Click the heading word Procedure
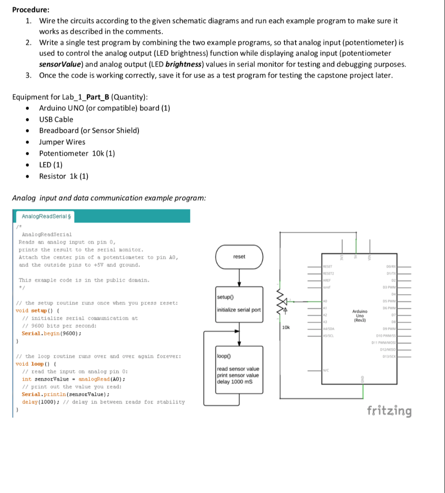(30, 9)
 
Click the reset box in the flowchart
(239, 257)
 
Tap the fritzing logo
(389, 411)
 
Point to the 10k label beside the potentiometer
(285, 327)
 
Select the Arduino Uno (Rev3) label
(359, 315)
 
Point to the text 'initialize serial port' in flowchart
(239, 310)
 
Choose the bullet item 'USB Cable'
(56, 119)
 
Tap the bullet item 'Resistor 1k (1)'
(63, 176)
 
